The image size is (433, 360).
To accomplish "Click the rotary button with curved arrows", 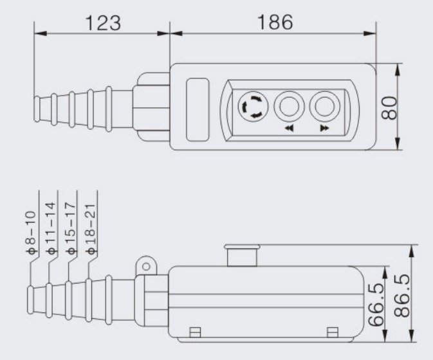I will (x=251, y=106).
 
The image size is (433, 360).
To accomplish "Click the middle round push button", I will (x=288, y=106).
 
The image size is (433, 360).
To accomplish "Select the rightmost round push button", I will (x=323, y=106).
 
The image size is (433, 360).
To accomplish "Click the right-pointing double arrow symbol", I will (x=323, y=129).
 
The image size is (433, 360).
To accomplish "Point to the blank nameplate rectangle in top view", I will (x=197, y=109).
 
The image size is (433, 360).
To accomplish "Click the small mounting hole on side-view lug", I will (x=146, y=264).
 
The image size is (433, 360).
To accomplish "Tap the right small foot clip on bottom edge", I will (x=331, y=331).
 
